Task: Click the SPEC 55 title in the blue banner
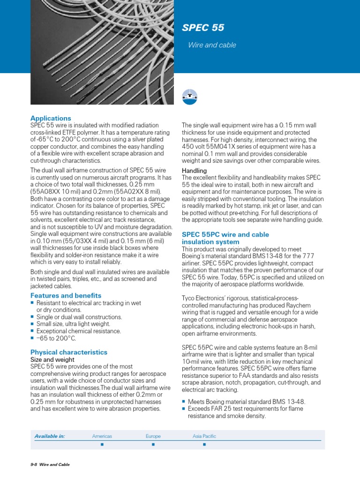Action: [203, 28]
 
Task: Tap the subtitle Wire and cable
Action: [212, 45]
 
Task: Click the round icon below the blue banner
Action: [189, 96]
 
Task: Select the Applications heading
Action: [51, 118]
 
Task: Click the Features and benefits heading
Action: [66, 295]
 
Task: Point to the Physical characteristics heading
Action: [69, 352]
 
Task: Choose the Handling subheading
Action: [194, 171]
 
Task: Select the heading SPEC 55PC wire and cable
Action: [225, 234]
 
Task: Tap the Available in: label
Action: [49, 436]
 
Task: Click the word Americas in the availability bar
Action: [102, 436]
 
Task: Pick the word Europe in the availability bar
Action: [153, 436]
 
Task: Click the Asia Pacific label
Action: [204, 436]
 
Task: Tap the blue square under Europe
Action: [153, 444]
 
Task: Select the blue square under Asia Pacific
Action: [204, 444]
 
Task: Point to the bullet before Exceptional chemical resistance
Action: [32, 331]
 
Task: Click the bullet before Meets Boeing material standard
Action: [183, 402]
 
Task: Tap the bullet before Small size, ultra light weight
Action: [32, 324]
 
